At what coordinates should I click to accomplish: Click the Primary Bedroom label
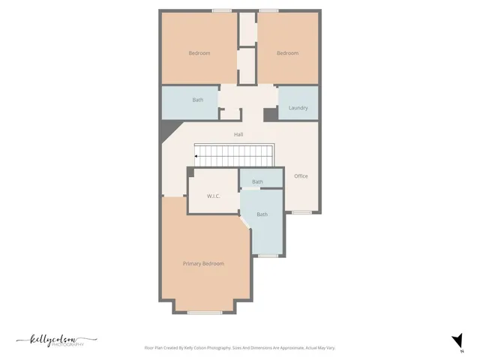pyautogui.click(x=203, y=264)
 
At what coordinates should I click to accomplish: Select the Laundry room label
pyautogui.click(x=298, y=108)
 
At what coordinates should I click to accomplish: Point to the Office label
pyautogui.click(x=301, y=176)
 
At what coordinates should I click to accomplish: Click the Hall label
pyautogui.click(x=238, y=134)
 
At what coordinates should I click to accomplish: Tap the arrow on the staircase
pyautogui.click(x=198, y=156)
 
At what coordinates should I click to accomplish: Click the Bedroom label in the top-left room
pyautogui.click(x=199, y=53)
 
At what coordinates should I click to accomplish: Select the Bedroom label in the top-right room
pyautogui.click(x=287, y=53)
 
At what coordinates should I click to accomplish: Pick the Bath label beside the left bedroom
pyautogui.click(x=197, y=100)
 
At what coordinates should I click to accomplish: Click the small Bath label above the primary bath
pyautogui.click(x=257, y=181)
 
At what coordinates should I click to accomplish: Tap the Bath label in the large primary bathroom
pyautogui.click(x=262, y=214)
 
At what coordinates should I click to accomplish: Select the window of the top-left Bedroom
pyautogui.click(x=221, y=10)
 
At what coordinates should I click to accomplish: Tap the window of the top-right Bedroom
pyautogui.click(x=268, y=10)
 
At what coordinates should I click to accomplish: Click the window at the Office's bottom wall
pyautogui.click(x=301, y=212)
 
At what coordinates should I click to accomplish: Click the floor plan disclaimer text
pyautogui.click(x=239, y=348)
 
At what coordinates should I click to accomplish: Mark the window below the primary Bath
pyautogui.click(x=268, y=256)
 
